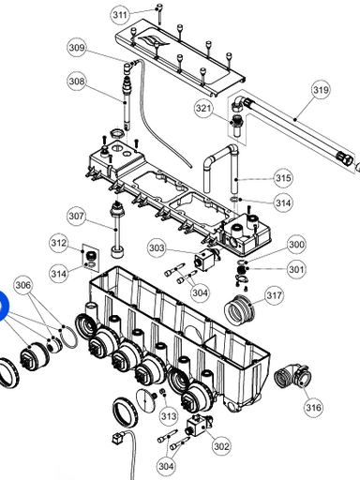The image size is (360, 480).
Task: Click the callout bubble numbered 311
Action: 120,15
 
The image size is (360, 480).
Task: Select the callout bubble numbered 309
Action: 77,48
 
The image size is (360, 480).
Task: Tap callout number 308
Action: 77,82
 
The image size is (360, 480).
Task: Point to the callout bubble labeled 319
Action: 321,90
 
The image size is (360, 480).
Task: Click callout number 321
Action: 203,109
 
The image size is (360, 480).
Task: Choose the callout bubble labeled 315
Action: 283,178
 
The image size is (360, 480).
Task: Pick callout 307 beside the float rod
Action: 77,216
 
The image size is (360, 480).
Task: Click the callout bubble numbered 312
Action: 59,243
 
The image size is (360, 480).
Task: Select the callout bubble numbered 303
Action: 157,248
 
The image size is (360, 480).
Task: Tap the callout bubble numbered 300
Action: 296,244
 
